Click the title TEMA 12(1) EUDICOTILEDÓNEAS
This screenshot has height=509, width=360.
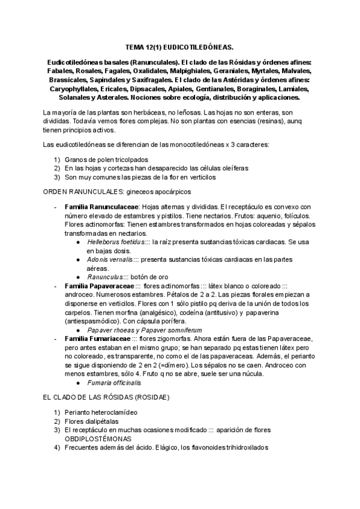click(x=180, y=46)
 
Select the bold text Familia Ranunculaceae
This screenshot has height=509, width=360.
click(x=101, y=206)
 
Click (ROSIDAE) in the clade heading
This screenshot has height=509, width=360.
click(x=149, y=398)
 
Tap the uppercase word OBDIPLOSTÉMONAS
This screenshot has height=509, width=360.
click(x=103, y=439)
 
